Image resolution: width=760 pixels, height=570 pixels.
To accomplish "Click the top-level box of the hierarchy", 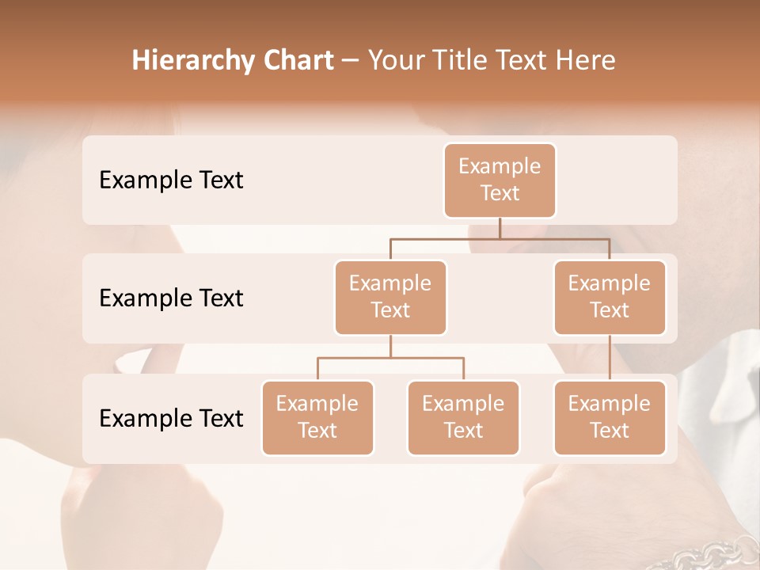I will [x=500, y=180].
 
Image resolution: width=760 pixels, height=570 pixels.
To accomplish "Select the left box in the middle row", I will [x=390, y=298].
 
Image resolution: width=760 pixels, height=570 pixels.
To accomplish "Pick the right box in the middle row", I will [x=610, y=298].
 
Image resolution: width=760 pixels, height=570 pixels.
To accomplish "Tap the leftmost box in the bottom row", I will [x=317, y=418].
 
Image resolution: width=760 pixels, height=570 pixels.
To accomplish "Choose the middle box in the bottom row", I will [x=463, y=418].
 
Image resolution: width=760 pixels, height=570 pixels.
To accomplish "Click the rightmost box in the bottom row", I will [x=610, y=418].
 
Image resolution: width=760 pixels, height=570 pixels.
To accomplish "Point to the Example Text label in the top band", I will [x=171, y=180].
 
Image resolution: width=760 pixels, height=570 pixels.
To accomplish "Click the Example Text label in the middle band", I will [x=171, y=298].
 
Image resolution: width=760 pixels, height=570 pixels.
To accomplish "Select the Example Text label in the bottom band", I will [x=171, y=418].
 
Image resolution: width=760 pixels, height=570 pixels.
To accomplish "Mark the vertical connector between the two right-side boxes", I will [x=610, y=358].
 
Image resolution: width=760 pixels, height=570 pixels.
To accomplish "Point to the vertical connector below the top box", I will [x=500, y=228].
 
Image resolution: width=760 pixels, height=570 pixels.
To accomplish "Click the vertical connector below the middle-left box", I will [x=390, y=347].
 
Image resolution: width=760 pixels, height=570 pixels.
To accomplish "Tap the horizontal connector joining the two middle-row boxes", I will [x=500, y=238].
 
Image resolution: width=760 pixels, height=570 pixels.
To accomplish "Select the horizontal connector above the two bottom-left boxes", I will [x=390, y=358].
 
